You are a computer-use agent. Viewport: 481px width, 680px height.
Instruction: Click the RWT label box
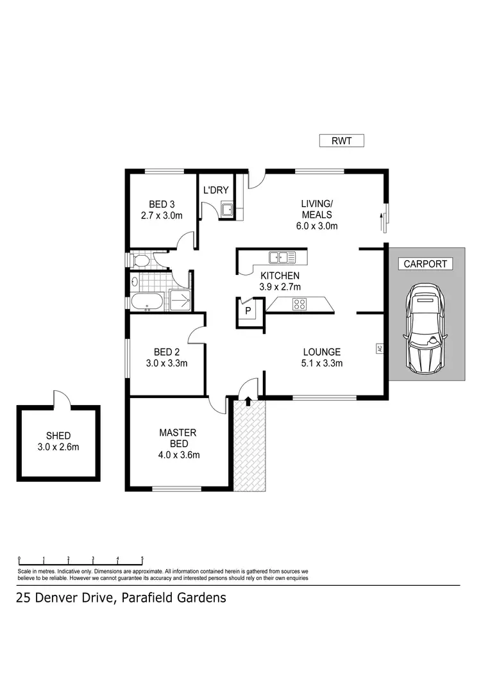pyautogui.click(x=342, y=141)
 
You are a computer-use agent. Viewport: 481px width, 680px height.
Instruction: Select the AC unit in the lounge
pyautogui.click(x=379, y=349)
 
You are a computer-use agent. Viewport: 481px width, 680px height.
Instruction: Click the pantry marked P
pyautogui.click(x=248, y=311)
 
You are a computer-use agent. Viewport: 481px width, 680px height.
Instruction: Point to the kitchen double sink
pyautogui.click(x=282, y=258)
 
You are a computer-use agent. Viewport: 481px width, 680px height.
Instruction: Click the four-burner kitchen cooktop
pyautogui.click(x=299, y=304)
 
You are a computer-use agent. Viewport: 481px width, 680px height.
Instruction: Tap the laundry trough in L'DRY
pyautogui.click(x=226, y=209)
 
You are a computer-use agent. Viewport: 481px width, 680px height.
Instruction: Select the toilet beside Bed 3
pyautogui.click(x=140, y=260)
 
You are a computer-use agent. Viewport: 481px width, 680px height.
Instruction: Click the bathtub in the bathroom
pyautogui.click(x=148, y=302)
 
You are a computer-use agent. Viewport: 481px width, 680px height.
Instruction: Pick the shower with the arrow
pyautogui.click(x=180, y=299)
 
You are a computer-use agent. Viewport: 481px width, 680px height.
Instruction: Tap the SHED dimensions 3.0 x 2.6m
pyautogui.click(x=58, y=447)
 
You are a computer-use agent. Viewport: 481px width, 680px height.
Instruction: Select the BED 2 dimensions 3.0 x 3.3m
pyautogui.click(x=166, y=363)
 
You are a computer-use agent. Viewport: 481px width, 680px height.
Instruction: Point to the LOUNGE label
pyautogui.click(x=321, y=352)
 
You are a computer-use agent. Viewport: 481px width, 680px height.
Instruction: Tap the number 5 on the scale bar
pyautogui.click(x=142, y=558)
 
